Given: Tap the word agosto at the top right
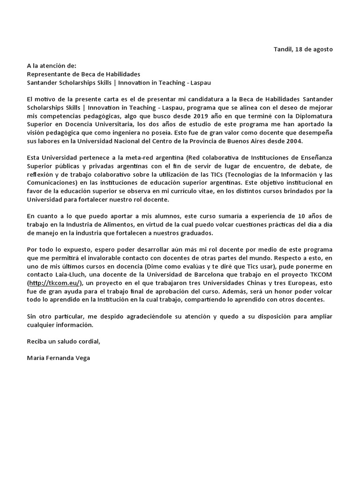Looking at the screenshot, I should tap(322, 50).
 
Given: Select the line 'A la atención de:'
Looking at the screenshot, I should tap(51, 66).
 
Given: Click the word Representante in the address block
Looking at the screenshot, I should tap(47, 74).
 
